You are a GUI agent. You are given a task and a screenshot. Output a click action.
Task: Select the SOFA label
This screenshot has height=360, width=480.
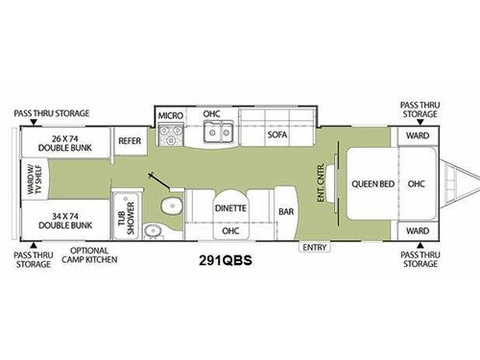(277, 136)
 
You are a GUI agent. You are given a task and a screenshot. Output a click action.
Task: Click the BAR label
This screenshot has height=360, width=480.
(285, 210)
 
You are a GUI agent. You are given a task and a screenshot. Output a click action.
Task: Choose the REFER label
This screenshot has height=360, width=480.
(130, 140)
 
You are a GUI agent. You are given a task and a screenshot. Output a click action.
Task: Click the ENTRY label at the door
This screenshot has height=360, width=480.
(314, 248)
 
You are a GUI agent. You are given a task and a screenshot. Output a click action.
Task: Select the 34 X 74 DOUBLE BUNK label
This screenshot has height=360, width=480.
(66, 221)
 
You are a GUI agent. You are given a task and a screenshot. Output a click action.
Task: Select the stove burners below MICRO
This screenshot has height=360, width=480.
(171, 136)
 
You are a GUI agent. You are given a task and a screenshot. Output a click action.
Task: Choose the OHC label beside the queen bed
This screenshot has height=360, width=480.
(417, 183)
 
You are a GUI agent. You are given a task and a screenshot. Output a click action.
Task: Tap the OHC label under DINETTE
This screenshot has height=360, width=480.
(229, 230)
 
